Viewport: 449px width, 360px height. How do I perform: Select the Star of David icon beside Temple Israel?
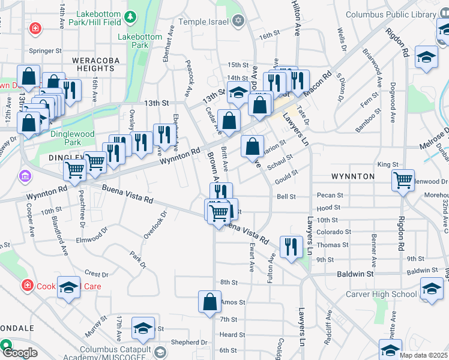pos(238,22)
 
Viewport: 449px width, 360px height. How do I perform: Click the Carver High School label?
pos(381,294)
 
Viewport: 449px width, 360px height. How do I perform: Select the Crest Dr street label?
pos(96,274)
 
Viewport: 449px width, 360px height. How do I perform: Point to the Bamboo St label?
pos(368,127)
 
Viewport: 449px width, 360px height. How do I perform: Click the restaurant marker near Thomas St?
pos(291,248)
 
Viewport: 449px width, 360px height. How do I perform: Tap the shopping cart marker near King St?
pos(403,179)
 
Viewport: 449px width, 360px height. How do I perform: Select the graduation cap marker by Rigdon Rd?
pos(427,57)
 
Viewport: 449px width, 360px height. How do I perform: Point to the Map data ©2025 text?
pos(424,355)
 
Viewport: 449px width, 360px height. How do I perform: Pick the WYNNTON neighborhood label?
pos(352,176)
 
